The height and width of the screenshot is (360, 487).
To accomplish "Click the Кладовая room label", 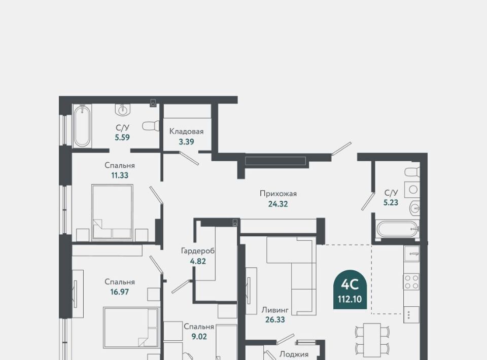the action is [186, 131].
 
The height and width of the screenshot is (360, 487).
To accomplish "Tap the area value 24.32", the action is [278, 204].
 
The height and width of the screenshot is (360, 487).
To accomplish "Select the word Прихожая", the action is [279, 194].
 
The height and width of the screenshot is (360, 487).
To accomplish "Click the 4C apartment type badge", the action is [350, 290].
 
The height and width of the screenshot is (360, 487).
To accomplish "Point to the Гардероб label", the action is [198, 250].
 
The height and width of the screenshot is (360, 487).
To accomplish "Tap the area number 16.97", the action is [120, 292].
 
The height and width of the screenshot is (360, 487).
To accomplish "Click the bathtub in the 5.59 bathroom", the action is [82, 126].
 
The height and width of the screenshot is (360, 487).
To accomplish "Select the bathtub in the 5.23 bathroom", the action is [398, 229].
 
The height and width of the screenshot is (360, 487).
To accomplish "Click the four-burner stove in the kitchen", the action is [411, 282].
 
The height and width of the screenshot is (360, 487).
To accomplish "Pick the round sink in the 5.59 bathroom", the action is [123, 109].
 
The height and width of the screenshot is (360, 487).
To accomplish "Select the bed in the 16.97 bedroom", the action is [131, 328].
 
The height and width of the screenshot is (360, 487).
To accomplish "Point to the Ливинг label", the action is [275, 310].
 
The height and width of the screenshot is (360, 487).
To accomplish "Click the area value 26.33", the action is [275, 319].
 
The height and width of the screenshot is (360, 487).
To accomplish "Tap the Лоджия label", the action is [294, 354].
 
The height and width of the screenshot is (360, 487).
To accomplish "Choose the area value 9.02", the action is [199, 336].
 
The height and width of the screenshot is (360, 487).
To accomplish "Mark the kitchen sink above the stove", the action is [411, 253].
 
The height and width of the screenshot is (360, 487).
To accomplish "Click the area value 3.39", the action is [186, 142].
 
